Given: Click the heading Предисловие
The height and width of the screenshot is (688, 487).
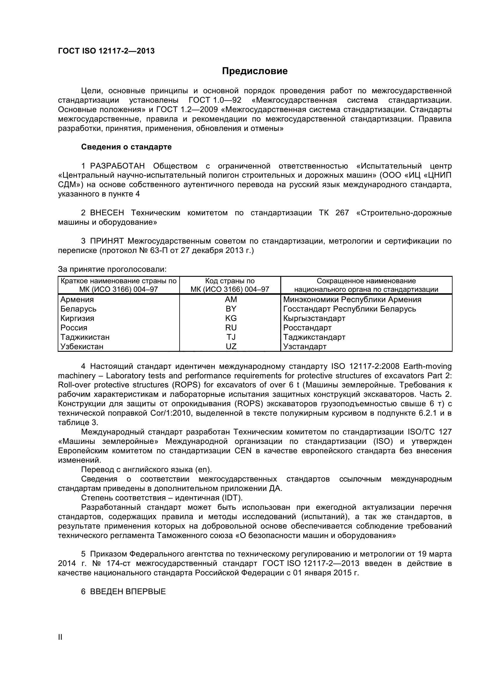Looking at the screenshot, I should pyautogui.click(x=255, y=71).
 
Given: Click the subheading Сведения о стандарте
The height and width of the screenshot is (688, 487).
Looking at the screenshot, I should pyautogui.click(x=126, y=147).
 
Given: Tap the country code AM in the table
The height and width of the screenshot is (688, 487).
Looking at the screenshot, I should pyautogui.click(x=231, y=299).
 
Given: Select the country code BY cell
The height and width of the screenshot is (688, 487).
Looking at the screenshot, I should pyautogui.click(x=231, y=309).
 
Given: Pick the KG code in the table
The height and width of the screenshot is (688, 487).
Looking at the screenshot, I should pyautogui.click(x=231, y=318).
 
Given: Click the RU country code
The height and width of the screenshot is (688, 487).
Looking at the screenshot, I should pyautogui.click(x=231, y=327).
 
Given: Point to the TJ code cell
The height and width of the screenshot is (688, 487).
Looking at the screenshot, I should pyautogui.click(x=231, y=337).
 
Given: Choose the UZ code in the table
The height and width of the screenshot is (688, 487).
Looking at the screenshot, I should pyautogui.click(x=231, y=347).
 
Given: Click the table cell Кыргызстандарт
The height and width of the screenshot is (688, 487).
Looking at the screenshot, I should pyautogui.click(x=314, y=318).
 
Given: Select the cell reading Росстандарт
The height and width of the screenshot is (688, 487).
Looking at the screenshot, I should pyautogui.click(x=307, y=327).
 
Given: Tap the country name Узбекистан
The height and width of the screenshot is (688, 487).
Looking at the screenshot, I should pyautogui.click(x=82, y=347).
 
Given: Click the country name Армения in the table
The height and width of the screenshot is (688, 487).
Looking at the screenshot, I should pyautogui.click(x=77, y=299).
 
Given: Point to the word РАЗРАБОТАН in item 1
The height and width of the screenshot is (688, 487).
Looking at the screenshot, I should pyautogui.click(x=117, y=166).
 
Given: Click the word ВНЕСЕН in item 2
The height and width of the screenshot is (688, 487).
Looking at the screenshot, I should pyautogui.click(x=107, y=213).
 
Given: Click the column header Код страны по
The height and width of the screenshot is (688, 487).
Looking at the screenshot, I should pyautogui.click(x=230, y=281).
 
